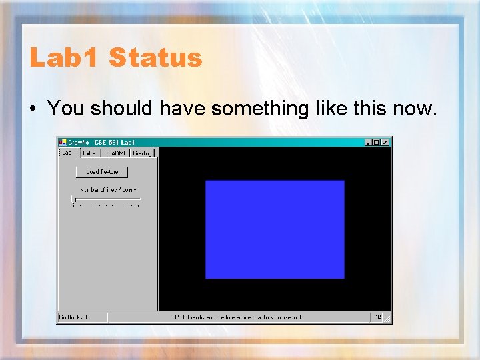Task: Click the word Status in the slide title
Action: (155, 58)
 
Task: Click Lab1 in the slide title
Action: (65, 58)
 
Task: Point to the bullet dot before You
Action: (33, 109)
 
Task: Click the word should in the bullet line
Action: (122, 108)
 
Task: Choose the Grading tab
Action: (142, 153)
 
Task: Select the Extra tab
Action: (89, 153)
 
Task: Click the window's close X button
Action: (385, 142)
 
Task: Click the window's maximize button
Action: (377, 142)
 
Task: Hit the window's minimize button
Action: (369, 142)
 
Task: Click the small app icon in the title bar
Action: (63, 142)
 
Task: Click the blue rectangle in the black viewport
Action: (275, 229)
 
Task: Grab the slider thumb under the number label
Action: (74, 199)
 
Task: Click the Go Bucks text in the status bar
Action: (73, 317)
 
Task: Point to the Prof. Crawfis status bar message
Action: (239, 317)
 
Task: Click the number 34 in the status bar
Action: (378, 317)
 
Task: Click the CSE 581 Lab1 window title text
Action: (114, 142)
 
